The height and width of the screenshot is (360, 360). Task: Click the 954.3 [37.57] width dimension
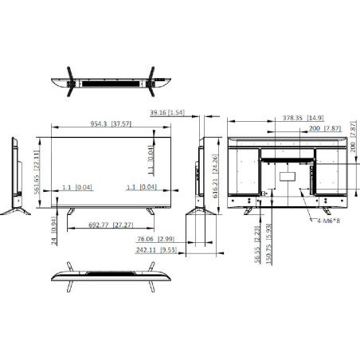pyautogui.click(x=111, y=125)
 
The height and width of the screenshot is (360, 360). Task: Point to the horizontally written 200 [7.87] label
pyautogui.click(x=325, y=127)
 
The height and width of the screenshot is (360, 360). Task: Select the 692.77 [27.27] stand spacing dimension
pyautogui.click(x=111, y=225)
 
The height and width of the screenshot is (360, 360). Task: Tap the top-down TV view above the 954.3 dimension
pyautogui.click(x=111, y=80)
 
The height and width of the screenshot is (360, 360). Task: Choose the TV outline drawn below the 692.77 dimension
pyautogui.click(x=111, y=273)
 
